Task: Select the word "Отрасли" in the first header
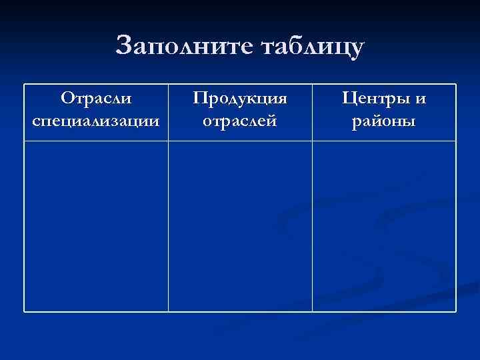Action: [x=96, y=99]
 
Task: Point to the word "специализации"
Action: [x=96, y=122]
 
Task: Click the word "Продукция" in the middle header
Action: [x=240, y=99]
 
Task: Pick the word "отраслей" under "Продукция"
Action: [x=240, y=122]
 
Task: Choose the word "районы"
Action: [x=385, y=122]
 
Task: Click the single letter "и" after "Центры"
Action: [x=419, y=99]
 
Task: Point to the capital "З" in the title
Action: [x=123, y=46]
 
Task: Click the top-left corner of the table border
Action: [x=25, y=84]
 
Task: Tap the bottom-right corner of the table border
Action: [x=456, y=311]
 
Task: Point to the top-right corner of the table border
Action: [x=456, y=84]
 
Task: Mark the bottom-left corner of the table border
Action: [x=25, y=311]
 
